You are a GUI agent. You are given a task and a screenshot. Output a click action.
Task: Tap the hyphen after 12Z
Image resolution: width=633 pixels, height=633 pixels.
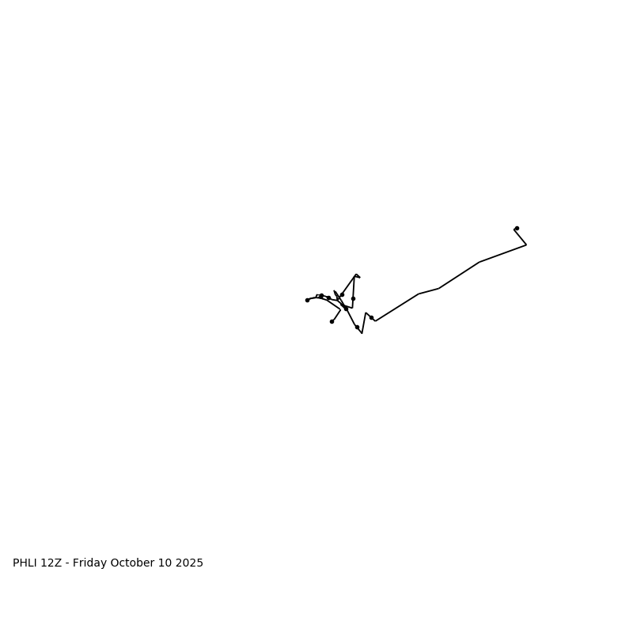click(x=68, y=563)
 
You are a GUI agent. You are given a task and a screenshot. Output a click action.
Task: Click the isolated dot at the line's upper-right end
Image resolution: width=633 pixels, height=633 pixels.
click(x=517, y=228)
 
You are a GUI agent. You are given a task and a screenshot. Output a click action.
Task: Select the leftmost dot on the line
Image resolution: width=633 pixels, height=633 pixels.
click(x=307, y=300)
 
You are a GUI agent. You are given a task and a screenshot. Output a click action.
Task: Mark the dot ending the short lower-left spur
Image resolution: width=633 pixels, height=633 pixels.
click(x=332, y=321)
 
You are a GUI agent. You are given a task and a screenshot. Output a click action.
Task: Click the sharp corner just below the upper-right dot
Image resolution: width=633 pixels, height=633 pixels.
click(x=526, y=244)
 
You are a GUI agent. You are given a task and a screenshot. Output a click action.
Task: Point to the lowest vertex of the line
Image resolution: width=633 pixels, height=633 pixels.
click(x=362, y=333)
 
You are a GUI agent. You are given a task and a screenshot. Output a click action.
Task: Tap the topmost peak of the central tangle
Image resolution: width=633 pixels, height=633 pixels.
click(x=355, y=275)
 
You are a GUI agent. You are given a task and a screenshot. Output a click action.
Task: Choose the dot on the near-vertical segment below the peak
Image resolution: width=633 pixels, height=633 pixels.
click(x=353, y=298)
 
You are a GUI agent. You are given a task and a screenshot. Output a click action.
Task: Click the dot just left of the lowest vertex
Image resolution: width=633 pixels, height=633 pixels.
click(x=357, y=327)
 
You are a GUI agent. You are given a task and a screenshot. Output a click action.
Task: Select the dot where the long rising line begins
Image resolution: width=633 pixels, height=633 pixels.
click(x=371, y=317)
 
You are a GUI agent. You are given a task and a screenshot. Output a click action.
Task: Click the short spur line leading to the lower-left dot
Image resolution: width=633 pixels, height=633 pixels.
click(x=336, y=315)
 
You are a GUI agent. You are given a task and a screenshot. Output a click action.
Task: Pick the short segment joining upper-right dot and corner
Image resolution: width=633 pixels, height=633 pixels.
click(x=521, y=237)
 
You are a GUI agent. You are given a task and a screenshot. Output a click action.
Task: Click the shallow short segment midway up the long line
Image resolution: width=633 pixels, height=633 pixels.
click(x=429, y=291)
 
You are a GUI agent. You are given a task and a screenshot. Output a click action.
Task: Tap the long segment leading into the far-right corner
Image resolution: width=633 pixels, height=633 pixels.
click(x=502, y=253)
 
